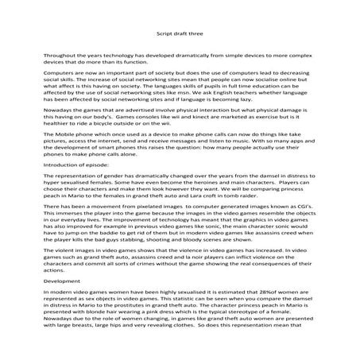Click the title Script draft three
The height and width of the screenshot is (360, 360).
tap(180, 35)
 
